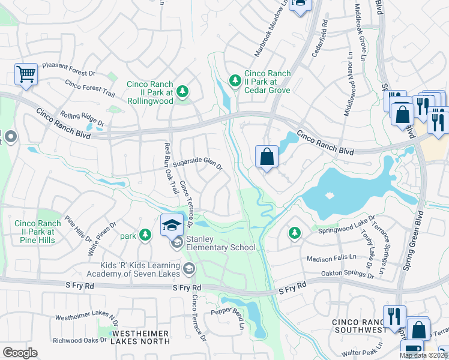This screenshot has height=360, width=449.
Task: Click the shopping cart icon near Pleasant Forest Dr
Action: point(26,75)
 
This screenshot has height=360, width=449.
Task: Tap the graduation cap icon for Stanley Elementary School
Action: point(172,225)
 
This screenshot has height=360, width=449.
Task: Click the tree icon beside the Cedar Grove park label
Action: point(235,80)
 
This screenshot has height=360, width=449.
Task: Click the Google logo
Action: point(20,353)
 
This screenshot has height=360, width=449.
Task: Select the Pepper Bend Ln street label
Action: point(227,314)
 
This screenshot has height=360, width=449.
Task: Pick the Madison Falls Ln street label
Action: point(331,259)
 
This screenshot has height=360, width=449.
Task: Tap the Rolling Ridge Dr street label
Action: point(82,119)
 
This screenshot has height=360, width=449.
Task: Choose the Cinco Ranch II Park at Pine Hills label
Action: point(35,232)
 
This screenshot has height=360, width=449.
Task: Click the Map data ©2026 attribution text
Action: point(423,355)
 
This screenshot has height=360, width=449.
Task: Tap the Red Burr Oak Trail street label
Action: point(170,167)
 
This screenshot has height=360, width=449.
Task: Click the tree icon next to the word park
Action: point(144,235)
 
